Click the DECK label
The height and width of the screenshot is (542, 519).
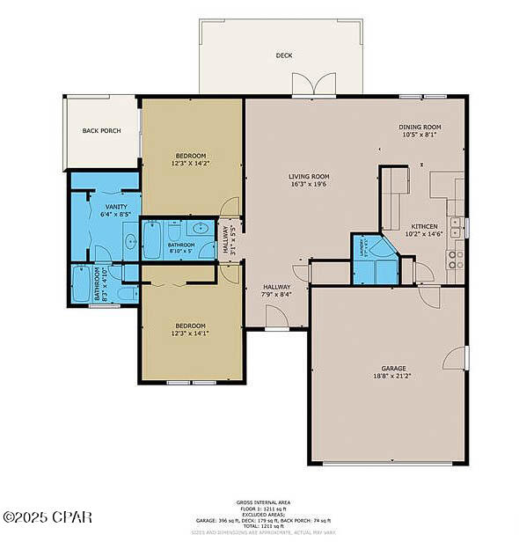coord(283,55)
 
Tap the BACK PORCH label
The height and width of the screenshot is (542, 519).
coord(101,131)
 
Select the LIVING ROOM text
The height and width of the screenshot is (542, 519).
coord(309,177)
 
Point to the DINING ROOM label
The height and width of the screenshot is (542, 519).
coord(420,128)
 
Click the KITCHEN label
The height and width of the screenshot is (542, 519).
coord(422,227)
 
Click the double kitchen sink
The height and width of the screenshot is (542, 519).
coord(456,227)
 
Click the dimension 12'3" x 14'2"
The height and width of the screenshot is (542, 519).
coord(192,163)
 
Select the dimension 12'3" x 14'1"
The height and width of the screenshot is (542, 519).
coord(190,333)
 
